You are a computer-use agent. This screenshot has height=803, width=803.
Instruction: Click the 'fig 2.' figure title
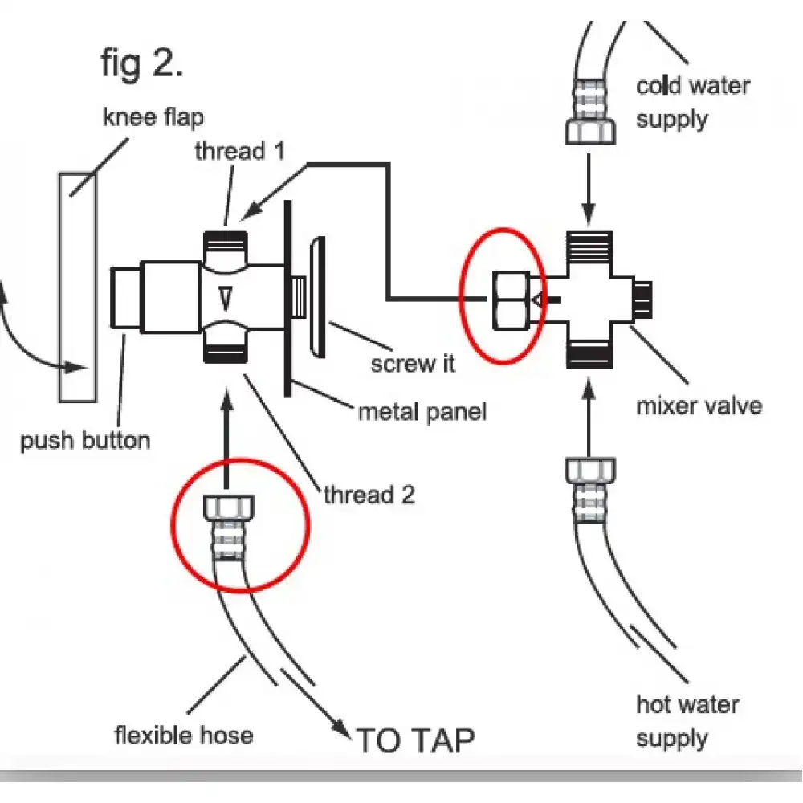coord(142,63)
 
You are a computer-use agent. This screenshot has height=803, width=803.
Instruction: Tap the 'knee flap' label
coord(153,117)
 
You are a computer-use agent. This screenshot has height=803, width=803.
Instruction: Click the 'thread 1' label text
coord(239,151)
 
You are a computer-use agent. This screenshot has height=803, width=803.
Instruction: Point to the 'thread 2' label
coord(369,495)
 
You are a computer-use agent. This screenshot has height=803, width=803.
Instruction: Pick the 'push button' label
coord(85,440)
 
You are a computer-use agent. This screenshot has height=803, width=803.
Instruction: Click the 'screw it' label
coord(413,363)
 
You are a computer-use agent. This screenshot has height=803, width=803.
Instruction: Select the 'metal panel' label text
coord(422,413)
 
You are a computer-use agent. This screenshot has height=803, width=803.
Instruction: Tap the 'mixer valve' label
coord(699,404)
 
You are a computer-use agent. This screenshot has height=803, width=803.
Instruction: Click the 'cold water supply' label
coord(693,102)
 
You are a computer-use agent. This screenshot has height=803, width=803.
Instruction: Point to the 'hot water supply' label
coord(687,720)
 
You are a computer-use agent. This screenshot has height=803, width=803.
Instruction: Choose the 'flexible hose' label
coord(184,734)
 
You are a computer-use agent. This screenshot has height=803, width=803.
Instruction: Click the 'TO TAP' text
coord(415,740)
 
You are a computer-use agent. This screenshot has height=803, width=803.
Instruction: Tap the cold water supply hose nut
coord(591,128)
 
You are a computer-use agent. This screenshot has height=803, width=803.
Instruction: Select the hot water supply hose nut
coord(590,471)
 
